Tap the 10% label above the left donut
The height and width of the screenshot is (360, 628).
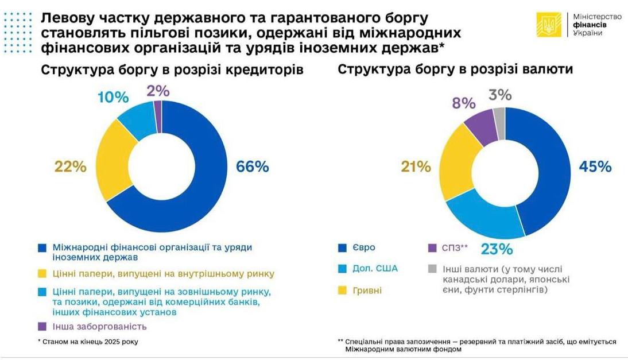(x=113, y=97)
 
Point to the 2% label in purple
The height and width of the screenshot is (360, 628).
(x=158, y=91)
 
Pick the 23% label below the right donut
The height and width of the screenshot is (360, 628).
(x=497, y=250)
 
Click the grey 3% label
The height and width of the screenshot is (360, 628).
(x=500, y=95)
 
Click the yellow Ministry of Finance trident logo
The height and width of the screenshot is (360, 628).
(x=549, y=25)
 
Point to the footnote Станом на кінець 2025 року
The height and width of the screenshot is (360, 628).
(x=88, y=342)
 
